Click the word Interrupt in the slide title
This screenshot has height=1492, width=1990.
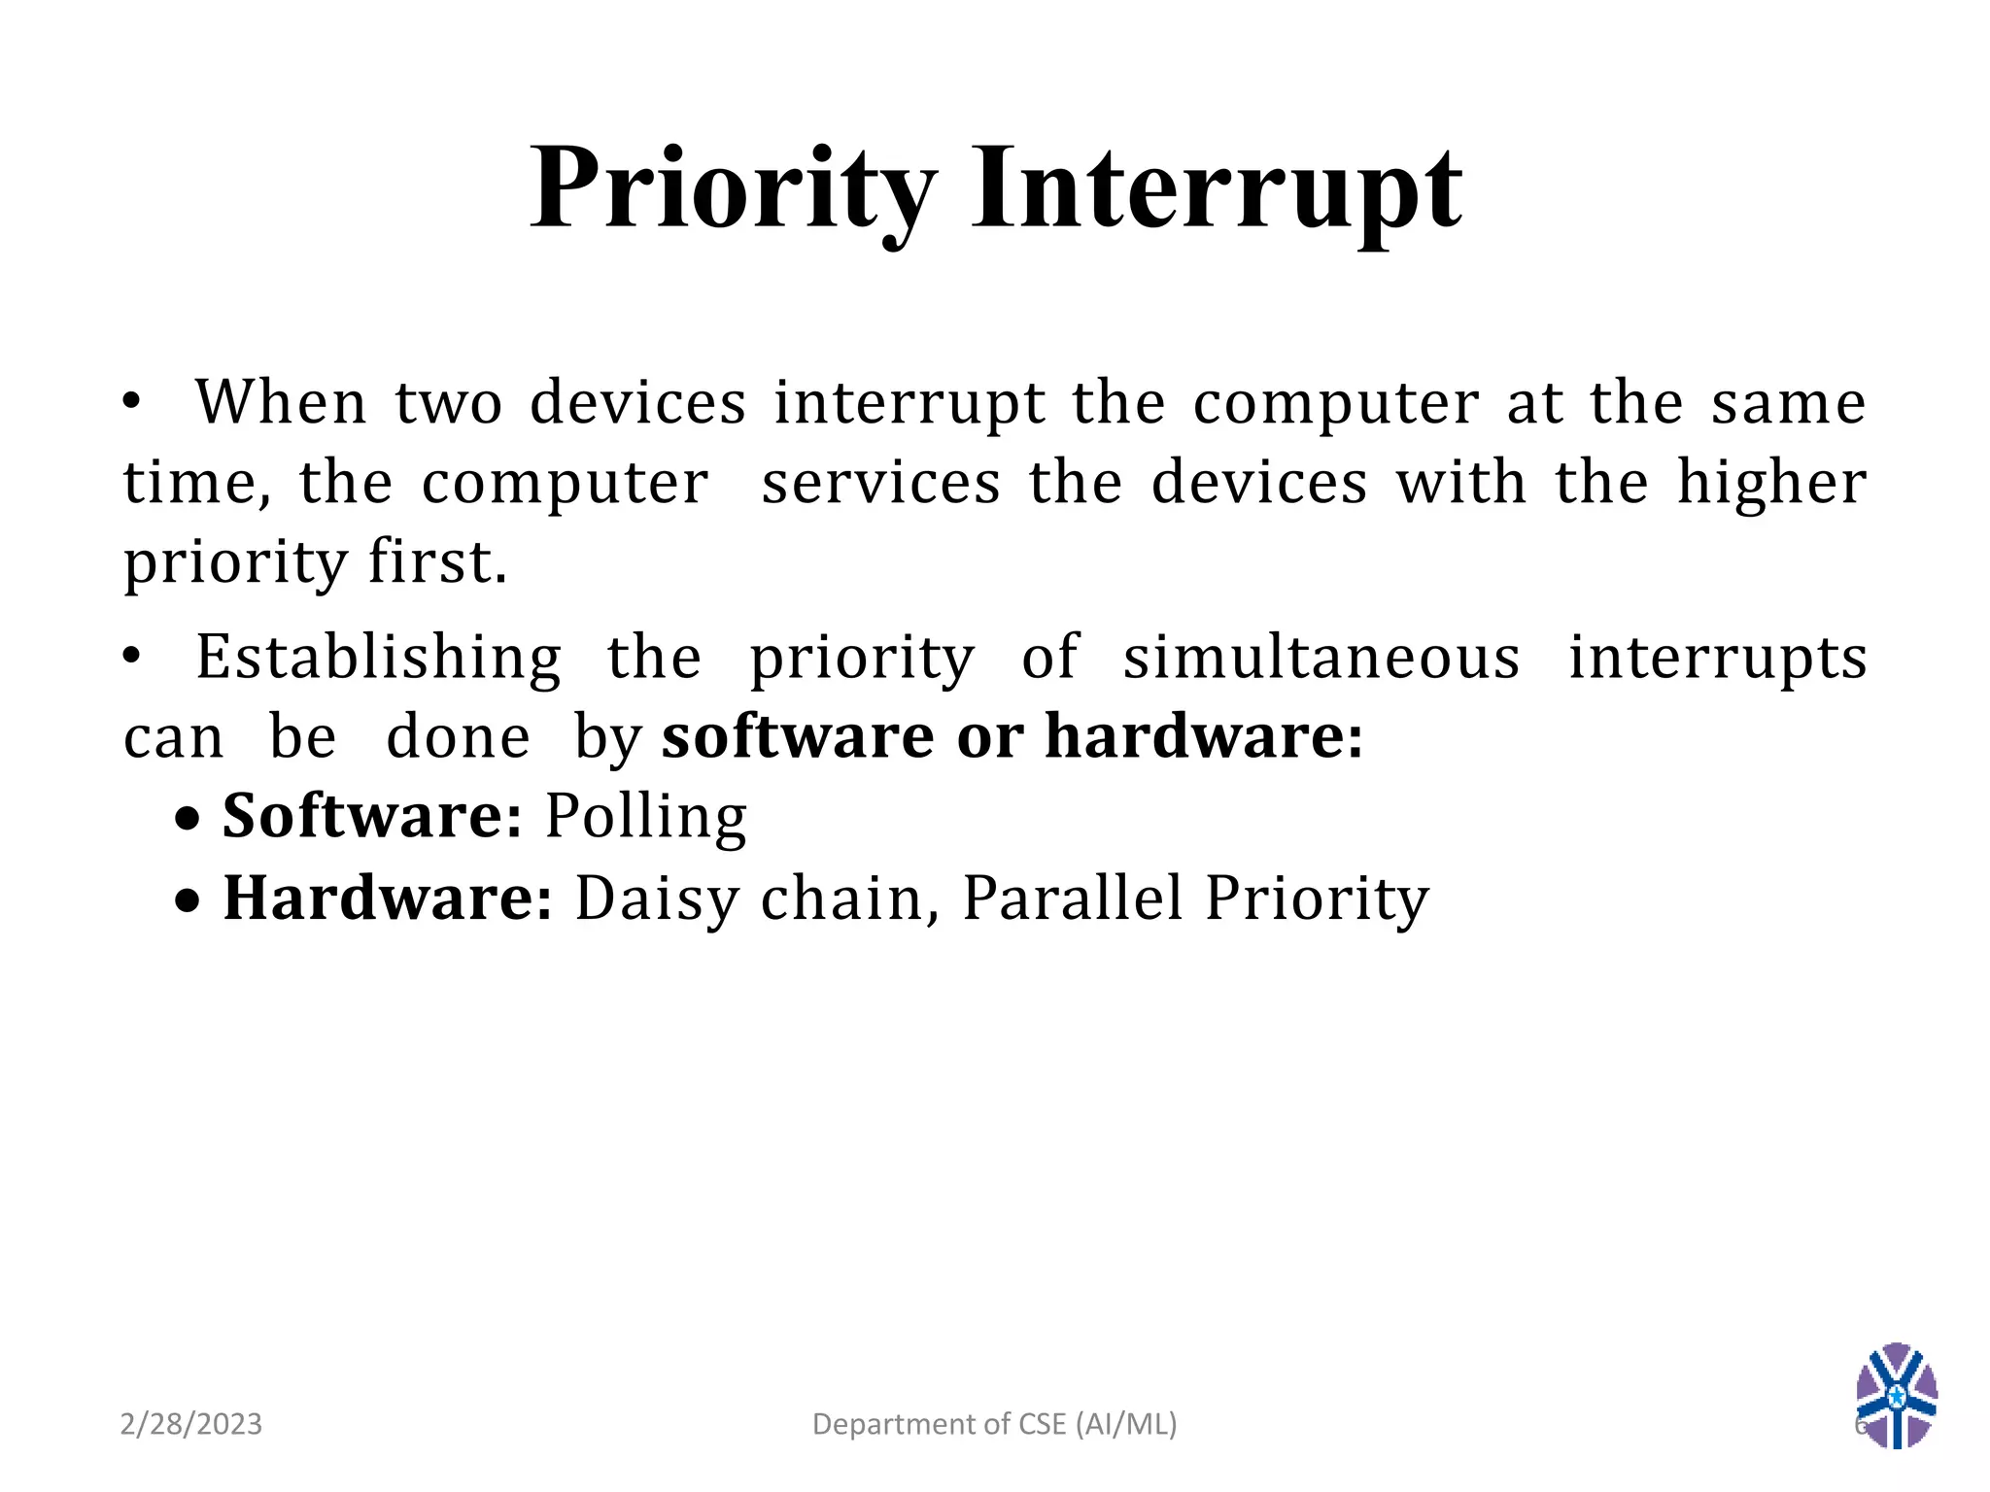click(x=1217, y=189)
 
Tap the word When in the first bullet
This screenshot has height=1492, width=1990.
click(x=281, y=402)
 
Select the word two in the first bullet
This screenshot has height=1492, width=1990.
click(x=449, y=402)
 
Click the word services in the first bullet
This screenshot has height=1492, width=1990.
click(x=880, y=483)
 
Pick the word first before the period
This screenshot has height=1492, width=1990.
click(x=431, y=561)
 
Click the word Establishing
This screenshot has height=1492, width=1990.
click(x=379, y=659)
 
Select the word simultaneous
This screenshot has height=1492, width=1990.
click(x=1321, y=658)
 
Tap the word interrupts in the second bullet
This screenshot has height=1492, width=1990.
click(x=1717, y=659)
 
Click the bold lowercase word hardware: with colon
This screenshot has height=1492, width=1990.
click(x=1204, y=736)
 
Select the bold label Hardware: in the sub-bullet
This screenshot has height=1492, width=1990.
click(x=388, y=898)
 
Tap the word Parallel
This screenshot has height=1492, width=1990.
click(x=1073, y=898)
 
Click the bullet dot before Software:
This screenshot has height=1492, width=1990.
click(x=189, y=820)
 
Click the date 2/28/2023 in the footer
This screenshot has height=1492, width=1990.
click(x=191, y=1424)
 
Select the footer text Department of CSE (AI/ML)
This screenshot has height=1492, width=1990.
click(x=994, y=1424)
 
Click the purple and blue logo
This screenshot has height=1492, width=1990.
click(x=1896, y=1396)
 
